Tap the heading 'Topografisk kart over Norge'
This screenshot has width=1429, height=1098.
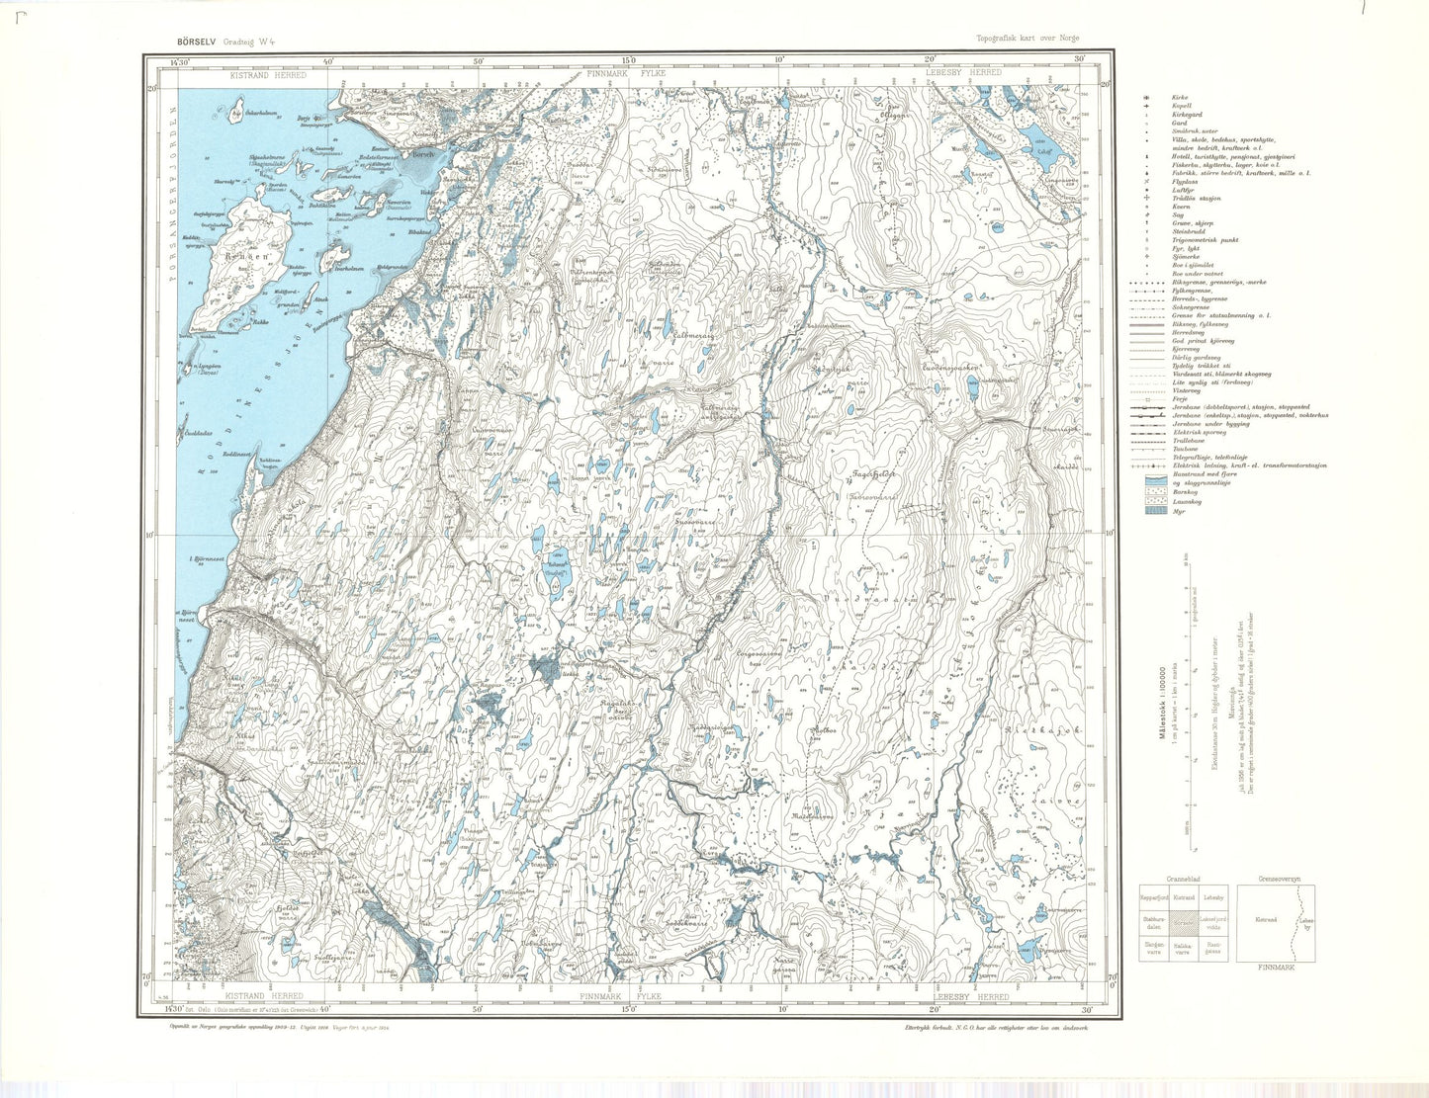tap(1027, 40)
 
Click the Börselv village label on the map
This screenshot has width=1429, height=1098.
tap(423, 154)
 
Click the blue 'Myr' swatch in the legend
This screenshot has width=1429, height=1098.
tap(1152, 511)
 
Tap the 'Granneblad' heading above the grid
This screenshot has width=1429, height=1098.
tap(1183, 878)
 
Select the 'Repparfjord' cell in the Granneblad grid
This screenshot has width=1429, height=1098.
tap(1154, 897)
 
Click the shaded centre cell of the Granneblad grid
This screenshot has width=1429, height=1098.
tap(1184, 921)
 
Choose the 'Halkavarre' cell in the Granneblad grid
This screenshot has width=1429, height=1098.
tap(1184, 947)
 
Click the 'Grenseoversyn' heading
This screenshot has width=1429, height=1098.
tap(1278, 878)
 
